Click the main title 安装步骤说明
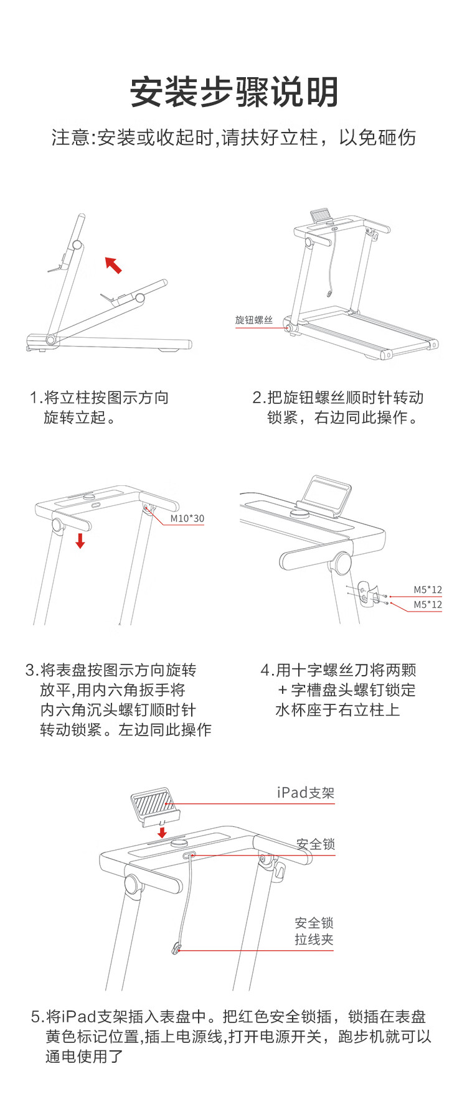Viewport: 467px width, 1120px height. (x=234, y=92)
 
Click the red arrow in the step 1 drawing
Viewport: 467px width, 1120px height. (x=113, y=265)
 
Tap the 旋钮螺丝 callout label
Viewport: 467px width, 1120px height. (x=254, y=320)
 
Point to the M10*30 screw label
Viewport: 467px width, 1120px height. (x=187, y=518)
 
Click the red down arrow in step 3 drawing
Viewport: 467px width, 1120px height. (x=80, y=540)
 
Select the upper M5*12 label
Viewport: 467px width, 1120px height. (x=428, y=590)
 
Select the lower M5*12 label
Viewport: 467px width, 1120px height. (x=428, y=604)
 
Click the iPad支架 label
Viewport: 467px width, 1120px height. (x=306, y=793)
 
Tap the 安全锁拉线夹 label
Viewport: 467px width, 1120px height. (x=314, y=931)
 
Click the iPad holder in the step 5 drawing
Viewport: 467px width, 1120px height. (x=154, y=806)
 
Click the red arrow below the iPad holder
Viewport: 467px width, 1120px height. (x=163, y=833)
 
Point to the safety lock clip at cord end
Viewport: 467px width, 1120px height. (x=177, y=949)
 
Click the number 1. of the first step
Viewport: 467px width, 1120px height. (x=36, y=398)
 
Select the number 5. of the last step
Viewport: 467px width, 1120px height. (x=38, y=1017)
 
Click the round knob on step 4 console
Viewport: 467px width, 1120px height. (x=301, y=513)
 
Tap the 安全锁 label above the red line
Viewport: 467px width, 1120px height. (x=316, y=844)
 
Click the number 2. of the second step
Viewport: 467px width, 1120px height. (x=260, y=398)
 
